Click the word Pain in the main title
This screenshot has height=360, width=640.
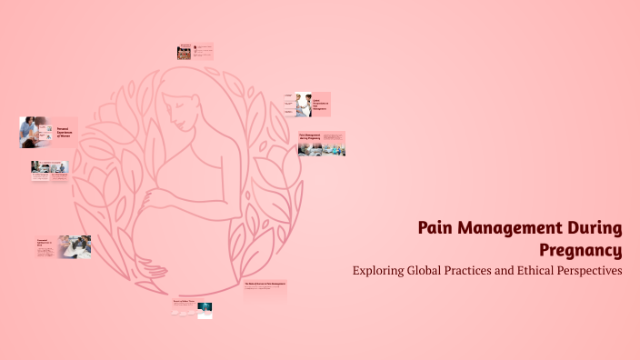click(x=435, y=228)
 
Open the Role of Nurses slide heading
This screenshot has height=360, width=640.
click(x=264, y=285)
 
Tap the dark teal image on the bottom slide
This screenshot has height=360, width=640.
click(x=205, y=310)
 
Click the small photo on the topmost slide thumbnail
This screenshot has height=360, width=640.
click(x=184, y=54)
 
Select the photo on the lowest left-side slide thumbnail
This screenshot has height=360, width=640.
click(x=75, y=245)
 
